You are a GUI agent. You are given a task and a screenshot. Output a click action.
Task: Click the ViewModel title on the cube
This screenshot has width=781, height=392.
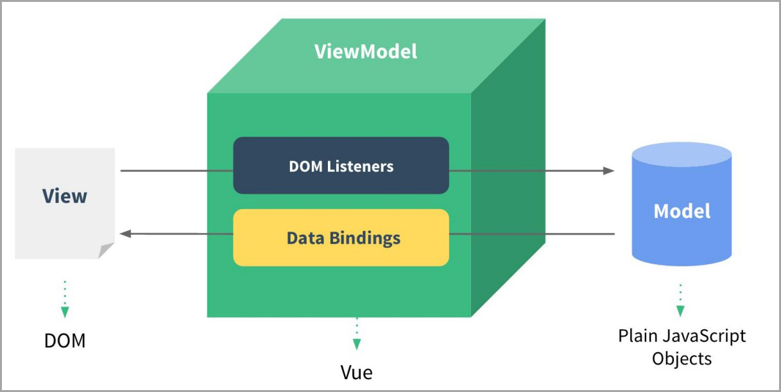(366, 52)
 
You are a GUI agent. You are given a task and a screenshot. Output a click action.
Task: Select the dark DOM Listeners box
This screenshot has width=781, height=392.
(341, 166)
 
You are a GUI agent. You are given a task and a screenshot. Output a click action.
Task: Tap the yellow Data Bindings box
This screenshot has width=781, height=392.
(341, 238)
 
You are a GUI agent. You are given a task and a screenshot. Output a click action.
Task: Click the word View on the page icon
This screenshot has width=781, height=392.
(65, 196)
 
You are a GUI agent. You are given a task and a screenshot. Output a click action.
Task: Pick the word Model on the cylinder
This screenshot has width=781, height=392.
(682, 211)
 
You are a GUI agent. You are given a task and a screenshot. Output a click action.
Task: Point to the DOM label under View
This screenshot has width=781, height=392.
(65, 341)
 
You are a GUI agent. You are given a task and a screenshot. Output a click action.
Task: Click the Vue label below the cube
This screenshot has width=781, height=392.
(356, 372)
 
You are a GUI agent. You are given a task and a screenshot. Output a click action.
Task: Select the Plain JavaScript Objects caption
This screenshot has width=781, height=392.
(682, 346)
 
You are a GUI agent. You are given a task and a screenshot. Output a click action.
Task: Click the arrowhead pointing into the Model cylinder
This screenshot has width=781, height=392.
(608, 171)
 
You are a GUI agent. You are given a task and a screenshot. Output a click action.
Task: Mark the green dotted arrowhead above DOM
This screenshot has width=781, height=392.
(65, 312)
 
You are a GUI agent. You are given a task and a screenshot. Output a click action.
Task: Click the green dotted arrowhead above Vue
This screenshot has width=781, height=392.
(356, 344)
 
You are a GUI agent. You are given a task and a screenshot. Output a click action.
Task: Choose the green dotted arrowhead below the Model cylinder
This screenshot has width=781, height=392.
(681, 311)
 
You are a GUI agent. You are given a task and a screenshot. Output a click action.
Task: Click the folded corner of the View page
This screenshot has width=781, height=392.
(106, 250)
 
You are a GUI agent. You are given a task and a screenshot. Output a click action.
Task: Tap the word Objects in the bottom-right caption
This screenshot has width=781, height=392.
(682, 358)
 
